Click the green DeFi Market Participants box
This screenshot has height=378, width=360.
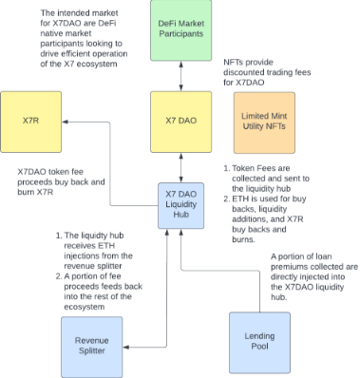click(x=180, y=30)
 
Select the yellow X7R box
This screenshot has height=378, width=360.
click(x=30, y=122)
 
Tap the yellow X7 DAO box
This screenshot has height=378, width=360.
click(x=180, y=122)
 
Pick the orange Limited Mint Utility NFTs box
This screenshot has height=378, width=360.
click(x=264, y=123)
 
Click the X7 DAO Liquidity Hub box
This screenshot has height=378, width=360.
click(x=180, y=205)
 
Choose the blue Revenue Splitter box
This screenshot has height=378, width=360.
click(x=92, y=347)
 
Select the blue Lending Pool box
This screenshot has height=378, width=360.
click(x=259, y=343)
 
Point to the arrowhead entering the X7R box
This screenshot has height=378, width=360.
click(x=65, y=122)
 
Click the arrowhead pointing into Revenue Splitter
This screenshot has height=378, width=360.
click(x=125, y=348)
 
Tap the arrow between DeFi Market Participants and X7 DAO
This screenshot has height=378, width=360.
click(x=180, y=76)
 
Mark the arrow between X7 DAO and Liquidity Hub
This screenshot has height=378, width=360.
click(x=180, y=168)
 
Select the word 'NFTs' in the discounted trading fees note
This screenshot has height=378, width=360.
click(x=233, y=62)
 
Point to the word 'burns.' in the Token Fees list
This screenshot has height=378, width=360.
click(x=243, y=239)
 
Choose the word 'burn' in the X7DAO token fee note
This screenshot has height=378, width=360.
click(x=26, y=192)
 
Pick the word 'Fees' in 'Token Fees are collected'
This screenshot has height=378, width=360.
click(x=263, y=168)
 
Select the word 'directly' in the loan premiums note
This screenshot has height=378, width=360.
click(x=284, y=276)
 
